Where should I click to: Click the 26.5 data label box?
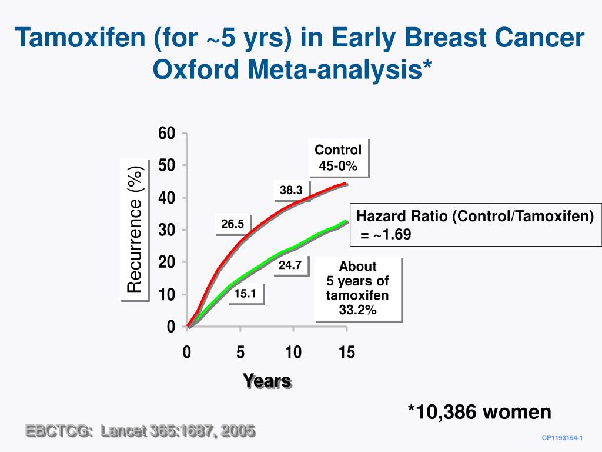pos(233,224)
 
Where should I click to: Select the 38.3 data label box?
pos(291,190)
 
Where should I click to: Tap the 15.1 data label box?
pos(245,294)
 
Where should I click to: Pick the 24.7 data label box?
pos(290,265)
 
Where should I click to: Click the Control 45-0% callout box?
pos(338,158)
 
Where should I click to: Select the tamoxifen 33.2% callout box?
pos(357,288)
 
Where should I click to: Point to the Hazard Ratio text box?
pos(476,225)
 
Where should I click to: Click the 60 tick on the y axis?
pos(167,134)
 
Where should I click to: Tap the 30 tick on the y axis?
pos(167,230)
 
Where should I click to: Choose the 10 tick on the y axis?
pos(167,294)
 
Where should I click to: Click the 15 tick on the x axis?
pos(346,353)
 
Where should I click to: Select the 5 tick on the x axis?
pos(240,353)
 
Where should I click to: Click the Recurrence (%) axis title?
pos(135,230)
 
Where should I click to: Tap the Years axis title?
pos(267,381)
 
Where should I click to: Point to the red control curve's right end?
pos(346,184)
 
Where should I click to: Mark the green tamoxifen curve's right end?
pos(346,222)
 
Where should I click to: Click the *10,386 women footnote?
pos(480,412)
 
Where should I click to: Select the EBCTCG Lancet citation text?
pos(140,431)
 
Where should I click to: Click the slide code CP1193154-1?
pos(561,438)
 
